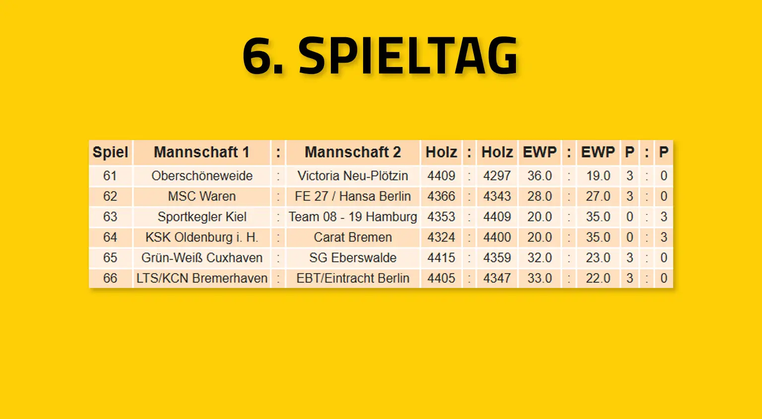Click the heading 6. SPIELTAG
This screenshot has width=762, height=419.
pyautogui.click(x=381, y=56)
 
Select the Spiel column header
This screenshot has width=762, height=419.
pyautogui.click(x=110, y=152)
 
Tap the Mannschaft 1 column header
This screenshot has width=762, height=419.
pyautogui.click(x=201, y=152)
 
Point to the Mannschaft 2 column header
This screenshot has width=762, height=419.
pyautogui.click(x=353, y=152)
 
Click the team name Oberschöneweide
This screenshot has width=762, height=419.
pyautogui.click(x=202, y=176)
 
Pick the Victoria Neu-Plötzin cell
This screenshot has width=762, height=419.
pyautogui.click(x=353, y=176)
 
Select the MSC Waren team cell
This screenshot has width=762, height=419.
pyautogui.click(x=202, y=196)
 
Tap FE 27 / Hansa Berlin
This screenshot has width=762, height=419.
pyautogui.click(x=353, y=196)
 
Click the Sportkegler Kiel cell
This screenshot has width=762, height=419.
pyautogui.click(x=202, y=217)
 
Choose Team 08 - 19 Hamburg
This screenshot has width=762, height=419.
pyautogui.click(x=353, y=217)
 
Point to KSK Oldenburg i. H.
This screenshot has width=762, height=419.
pyautogui.click(x=202, y=237)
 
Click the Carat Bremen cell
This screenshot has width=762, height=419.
pyautogui.click(x=353, y=237)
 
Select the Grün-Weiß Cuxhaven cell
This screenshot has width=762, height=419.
pyautogui.click(x=202, y=258)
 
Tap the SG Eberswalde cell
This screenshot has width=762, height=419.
pyautogui.click(x=353, y=258)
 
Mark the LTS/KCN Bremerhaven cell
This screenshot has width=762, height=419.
pyautogui.click(x=202, y=278)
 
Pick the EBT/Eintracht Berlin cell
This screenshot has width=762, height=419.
pyautogui.click(x=353, y=278)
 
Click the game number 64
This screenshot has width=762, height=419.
pyautogui.click(x=110, y=237)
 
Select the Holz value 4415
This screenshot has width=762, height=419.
pyautogui.click(x=441, y=258)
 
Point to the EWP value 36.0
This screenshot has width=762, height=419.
pyautogui.click(x=539, y=176)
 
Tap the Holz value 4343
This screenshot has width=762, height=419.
pyautogui.click(x=497, y=196)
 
